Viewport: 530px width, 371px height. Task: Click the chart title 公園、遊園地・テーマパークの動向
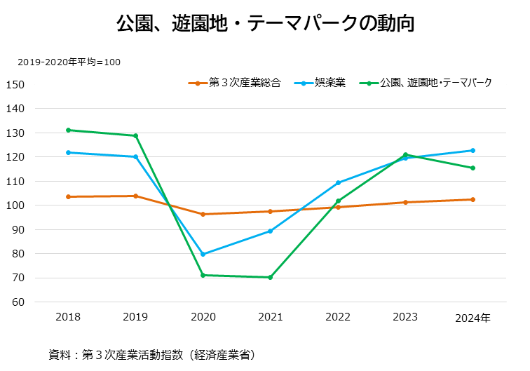[x=265, y=23]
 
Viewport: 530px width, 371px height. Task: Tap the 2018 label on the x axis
[x=68, y=318]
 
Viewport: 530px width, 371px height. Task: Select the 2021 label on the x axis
[x=271, y=318]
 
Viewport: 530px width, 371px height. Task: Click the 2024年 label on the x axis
[x=473, y=318]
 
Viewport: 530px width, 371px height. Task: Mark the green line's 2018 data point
[x=68, y=130]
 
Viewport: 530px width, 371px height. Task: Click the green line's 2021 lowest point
[x=271, y=277]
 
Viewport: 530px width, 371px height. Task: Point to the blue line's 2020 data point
[x=203, y=254]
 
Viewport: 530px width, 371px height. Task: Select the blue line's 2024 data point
[x=473, y=150]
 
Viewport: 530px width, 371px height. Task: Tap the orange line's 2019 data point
[x=135, y=196]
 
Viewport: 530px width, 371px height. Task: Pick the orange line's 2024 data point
[x=473, y=199]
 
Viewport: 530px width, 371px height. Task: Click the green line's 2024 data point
[x=473, y=168]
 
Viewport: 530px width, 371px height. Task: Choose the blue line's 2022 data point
[x=338, y=182]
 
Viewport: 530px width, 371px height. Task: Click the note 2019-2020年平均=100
[x=69, y=62]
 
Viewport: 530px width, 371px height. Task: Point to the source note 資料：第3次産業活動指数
[x=151, y=354]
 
